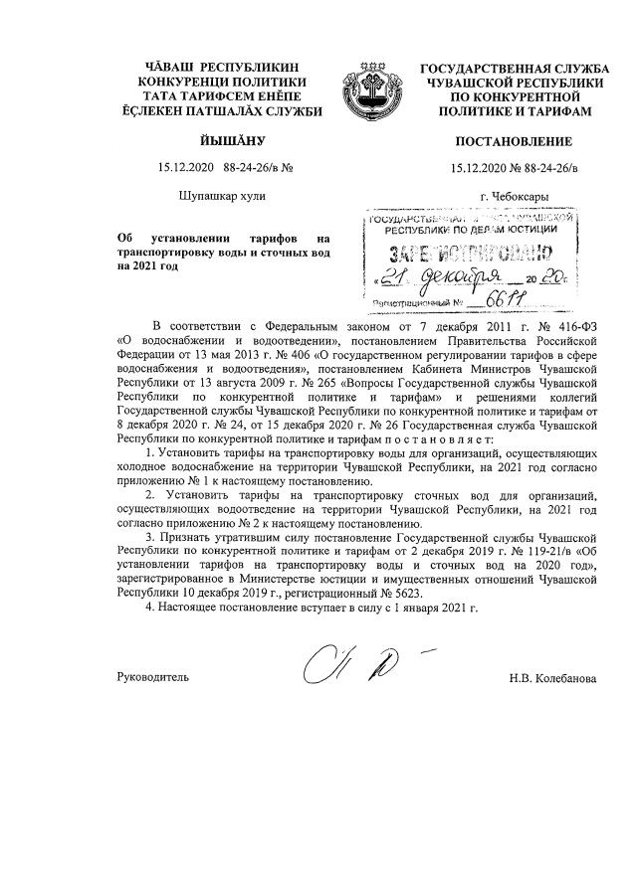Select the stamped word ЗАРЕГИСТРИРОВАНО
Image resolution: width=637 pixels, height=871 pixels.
point(468,251)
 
